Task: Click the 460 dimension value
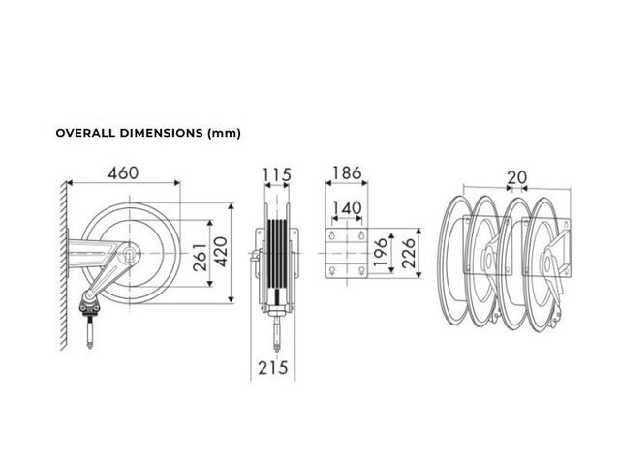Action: [123, 173]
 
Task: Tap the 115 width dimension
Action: [277, 174]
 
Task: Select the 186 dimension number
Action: [347, 173]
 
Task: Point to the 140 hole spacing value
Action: [347, 208]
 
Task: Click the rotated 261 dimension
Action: [201, 258]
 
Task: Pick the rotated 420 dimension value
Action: [221, 252]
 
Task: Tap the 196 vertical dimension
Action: [380, 252]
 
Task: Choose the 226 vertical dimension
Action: [409, 254]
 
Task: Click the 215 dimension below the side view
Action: [273, 368]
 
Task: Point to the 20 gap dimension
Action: [516, 178]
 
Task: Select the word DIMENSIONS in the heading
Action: [162, 133]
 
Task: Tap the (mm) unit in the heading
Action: [224, 134]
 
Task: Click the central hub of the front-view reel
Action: [129, 253]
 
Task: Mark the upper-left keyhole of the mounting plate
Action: [332, 235]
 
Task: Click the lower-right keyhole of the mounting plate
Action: [361, 270]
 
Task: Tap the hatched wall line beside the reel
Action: [63, 265]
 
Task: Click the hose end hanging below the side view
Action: [277, 334]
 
